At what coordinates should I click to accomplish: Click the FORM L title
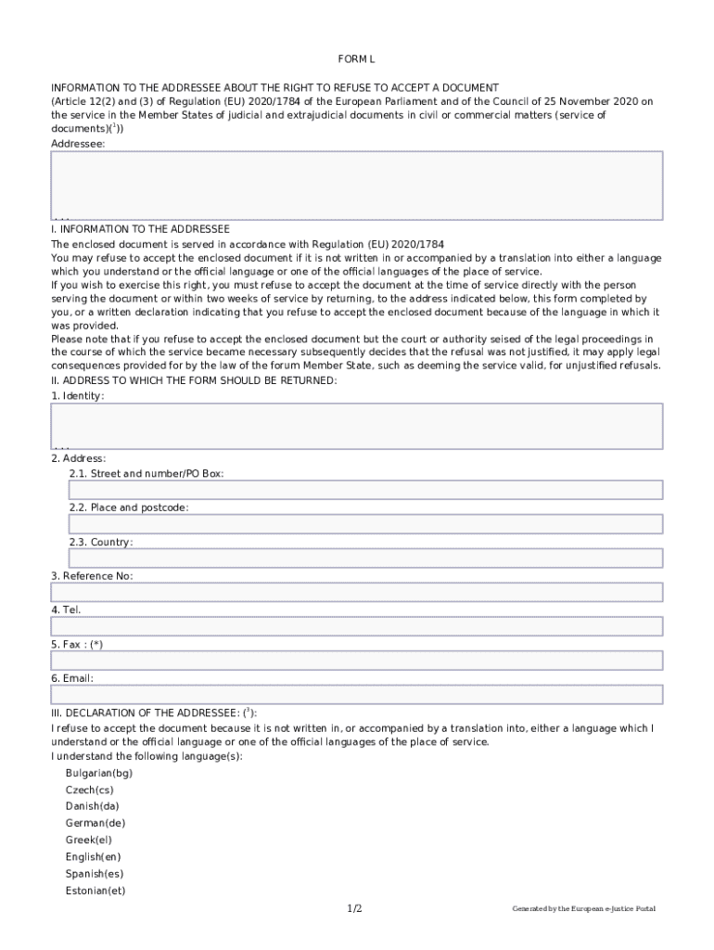(x=357, y=58)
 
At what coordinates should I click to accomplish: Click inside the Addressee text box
(x=357, y=186)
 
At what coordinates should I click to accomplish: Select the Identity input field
(x=357, y=426)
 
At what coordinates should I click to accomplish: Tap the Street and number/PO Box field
(x=365, y=490)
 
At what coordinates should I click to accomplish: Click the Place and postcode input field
(x=365, y=524)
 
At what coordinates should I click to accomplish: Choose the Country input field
(x=365, y=558)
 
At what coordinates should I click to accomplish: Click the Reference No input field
(x=357, y=592)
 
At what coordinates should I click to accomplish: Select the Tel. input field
(x=357, y=626)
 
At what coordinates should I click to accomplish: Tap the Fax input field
(x=357, y=661)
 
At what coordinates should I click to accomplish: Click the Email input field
(x=357, y=695)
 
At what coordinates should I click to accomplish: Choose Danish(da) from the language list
(x=93, y=806)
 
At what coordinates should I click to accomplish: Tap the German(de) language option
(x=96, y=823)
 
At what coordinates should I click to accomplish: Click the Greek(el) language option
(x=88, y=840)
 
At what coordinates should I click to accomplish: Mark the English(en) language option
(x=93, y=857)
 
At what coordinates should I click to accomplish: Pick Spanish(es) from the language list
(x=95, y=874)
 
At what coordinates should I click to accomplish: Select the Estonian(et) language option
(x=96, y=891)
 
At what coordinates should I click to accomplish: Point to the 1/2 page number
(x=355, y=908)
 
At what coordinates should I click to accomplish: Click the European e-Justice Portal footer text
(x=583, y=909)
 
